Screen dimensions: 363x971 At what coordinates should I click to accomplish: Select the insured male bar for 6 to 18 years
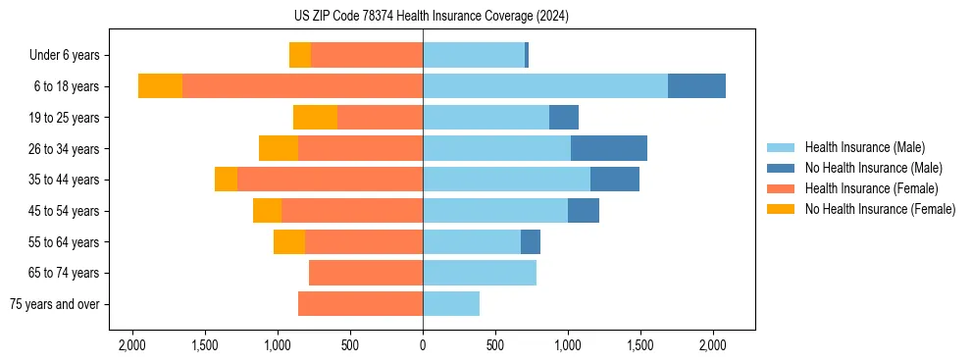click(x=545, y=86)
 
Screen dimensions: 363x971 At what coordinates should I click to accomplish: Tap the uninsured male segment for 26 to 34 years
click(x=608, y=148)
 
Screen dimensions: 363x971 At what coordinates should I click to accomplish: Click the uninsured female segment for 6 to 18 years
click(x=160, y=86)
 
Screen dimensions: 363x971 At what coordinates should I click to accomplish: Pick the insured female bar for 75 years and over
click(x=360, y=304)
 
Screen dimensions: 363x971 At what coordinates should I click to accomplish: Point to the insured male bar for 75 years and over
click(x=451, y=304)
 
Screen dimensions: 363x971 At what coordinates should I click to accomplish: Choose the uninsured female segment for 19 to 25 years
click(x=315, y=118)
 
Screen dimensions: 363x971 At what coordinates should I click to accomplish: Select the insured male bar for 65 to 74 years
click(x=480, y=273)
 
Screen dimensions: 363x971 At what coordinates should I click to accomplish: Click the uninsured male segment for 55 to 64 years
click(x=531, y=241)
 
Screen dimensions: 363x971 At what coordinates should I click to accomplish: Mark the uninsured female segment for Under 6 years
click(x=300, y=55)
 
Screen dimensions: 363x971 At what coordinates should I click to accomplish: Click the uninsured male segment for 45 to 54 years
click(x=584, y=211)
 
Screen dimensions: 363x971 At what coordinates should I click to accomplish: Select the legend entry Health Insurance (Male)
click(x=864, y=147)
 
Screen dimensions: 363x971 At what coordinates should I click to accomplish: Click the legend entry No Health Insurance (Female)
click(x=880, y=209)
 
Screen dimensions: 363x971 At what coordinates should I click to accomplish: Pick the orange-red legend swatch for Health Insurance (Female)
click(x=782, y=188)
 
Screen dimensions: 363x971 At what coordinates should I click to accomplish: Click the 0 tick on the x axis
click(x=423, y=345)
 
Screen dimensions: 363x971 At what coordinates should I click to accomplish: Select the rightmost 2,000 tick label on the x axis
click(x=712, y=345)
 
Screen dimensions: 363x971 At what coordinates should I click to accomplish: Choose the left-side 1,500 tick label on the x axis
click(x=205, y=345)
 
